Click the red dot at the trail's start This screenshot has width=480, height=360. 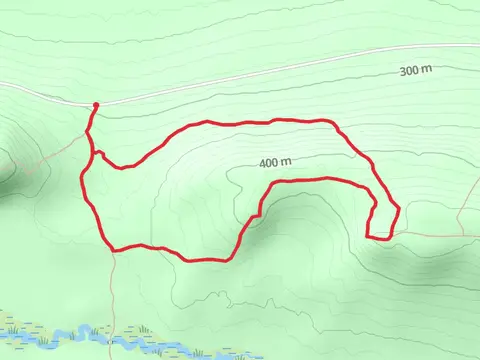[96, 105]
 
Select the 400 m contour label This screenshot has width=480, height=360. [274, 162]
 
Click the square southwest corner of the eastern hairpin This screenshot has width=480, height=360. [368, 237]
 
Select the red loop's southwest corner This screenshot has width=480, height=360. [112, 248]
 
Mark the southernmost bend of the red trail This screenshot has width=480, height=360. [205, 260]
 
